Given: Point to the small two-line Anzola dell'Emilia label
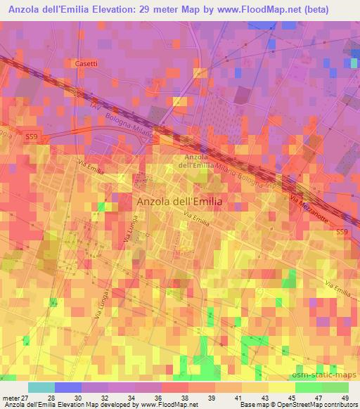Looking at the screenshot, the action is coord(195,161).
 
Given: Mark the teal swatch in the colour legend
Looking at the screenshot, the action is coord(41,388).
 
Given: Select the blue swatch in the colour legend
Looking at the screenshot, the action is coord(68,388).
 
